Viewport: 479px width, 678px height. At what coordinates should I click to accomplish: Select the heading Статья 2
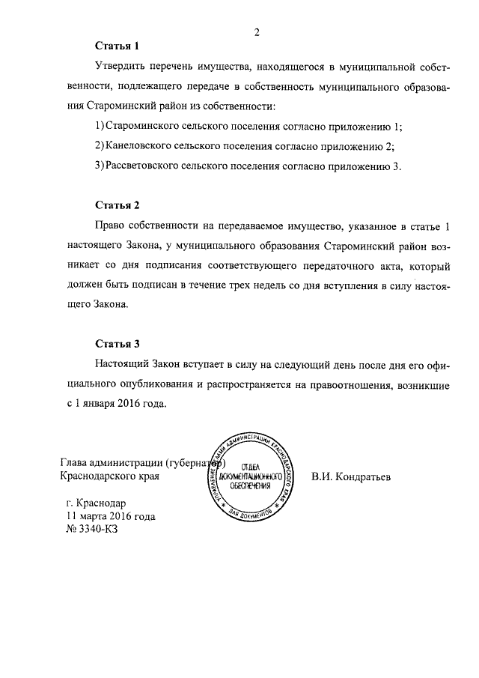click(x=118, y=205)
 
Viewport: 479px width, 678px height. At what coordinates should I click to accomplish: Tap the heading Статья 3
click(x=118, y=345)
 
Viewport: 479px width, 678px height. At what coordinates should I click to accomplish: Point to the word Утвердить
click(x=122, y=68)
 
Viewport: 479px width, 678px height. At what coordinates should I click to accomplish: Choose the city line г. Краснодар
click(x=97, y=503)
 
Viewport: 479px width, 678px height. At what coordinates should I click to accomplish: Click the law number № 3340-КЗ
click(x=93, y=529)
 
